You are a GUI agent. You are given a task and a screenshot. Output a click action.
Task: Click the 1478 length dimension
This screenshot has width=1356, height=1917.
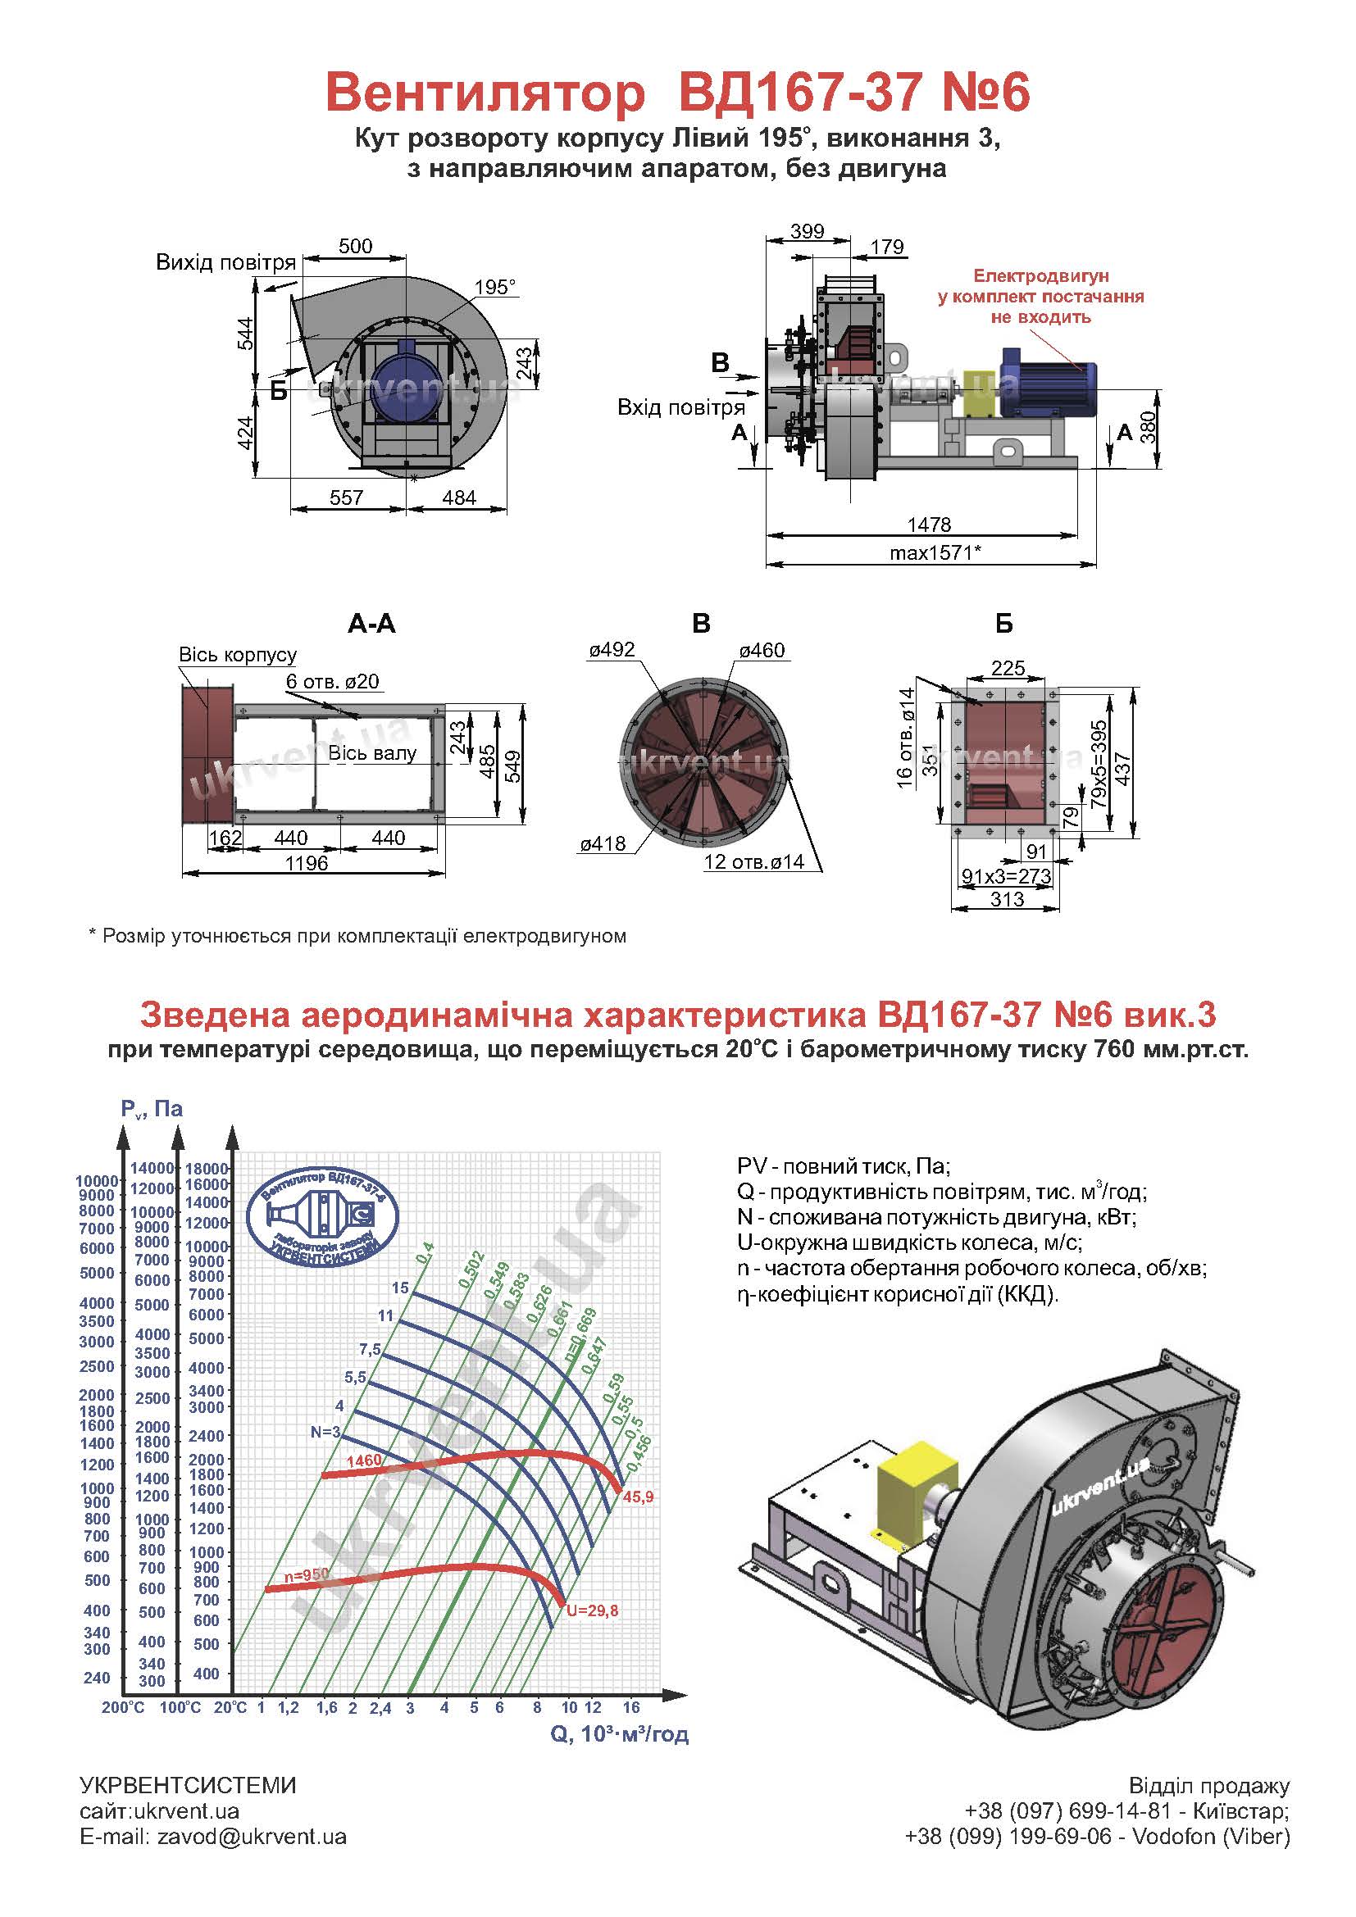point(930,525)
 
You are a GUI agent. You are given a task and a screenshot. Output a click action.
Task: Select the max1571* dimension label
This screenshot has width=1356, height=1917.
point(935,552)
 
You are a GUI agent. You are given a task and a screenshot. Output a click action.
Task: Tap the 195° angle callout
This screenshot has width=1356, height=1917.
point(496,287)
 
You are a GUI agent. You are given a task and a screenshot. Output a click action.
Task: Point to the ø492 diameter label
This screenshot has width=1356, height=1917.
point(612,650)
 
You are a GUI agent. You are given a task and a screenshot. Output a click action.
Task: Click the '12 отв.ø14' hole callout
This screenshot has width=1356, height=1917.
point(754,861)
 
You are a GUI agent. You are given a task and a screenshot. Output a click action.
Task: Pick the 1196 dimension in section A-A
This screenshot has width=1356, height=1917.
point(307,863)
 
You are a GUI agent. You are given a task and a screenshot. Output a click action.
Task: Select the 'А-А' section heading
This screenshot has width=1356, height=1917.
point(371,624)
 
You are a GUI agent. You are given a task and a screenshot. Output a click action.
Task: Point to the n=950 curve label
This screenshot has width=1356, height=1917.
point(307,1574)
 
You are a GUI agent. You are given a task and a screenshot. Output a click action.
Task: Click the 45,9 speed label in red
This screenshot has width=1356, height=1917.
point(638,1497)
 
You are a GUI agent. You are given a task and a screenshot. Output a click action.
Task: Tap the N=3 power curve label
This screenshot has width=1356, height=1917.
point(325,1432)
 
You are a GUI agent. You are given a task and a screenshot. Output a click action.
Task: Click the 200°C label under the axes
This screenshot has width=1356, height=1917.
point(124,1707)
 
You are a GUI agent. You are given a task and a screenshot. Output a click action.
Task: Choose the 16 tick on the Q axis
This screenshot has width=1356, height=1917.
point(631,1707)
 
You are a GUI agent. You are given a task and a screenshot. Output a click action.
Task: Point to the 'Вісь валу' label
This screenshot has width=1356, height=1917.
point(372,753)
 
